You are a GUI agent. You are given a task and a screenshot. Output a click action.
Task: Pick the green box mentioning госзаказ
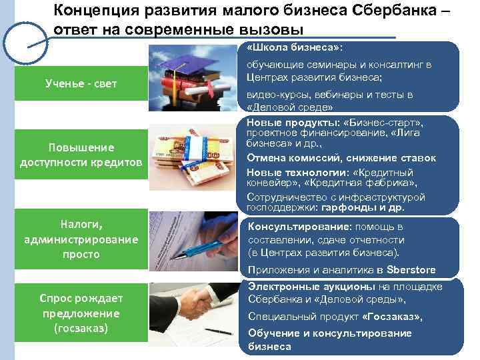click(x=79, y=313)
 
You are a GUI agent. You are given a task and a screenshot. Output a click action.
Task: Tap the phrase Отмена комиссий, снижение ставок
click(x=341, y=158)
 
